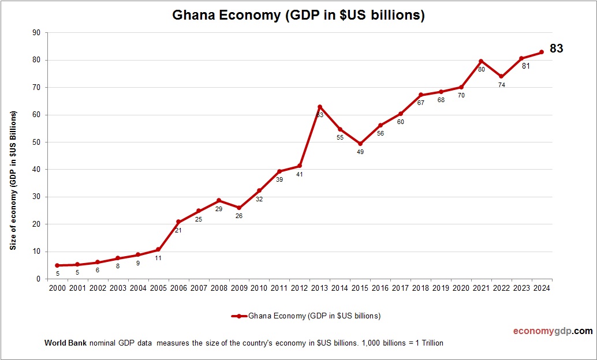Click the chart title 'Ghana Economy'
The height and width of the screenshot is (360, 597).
coord(298,16)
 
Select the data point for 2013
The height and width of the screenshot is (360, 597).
coord(320,107)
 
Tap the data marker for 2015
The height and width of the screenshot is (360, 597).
coord(360,144)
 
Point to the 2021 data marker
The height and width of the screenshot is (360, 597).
coord(481,61)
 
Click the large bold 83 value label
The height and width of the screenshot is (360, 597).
coord(556,49)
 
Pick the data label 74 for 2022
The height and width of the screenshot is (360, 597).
coord(501,85)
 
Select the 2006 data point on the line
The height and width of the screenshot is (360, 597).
coord(178,222)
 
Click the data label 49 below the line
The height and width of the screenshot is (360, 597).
coord(360,152)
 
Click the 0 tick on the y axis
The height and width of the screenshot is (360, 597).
coord(38,279)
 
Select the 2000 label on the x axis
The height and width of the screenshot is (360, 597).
coord(57,288)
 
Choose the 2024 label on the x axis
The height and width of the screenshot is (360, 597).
coord(541,288)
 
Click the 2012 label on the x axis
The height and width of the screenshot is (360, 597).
coord(299,288)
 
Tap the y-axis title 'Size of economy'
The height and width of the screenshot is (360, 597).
coord(12,180)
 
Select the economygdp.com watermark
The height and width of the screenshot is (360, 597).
coord(553,331)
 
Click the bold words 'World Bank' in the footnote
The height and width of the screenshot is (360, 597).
coord(65,343)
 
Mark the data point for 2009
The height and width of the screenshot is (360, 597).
coord(239,208)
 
